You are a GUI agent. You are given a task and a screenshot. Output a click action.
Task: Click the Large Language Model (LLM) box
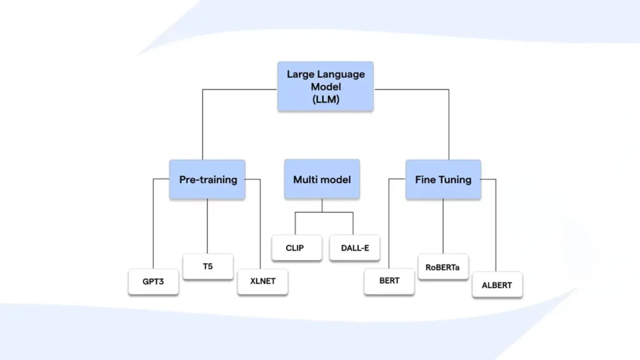tap(325, 86)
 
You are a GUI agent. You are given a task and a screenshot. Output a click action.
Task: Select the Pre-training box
tap(207, 179)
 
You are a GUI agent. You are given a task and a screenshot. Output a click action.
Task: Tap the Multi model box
tap(322, 179)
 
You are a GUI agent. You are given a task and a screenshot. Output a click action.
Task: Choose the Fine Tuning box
tap(443, 179)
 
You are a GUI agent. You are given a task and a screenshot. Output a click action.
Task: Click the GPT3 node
tap(153, 282)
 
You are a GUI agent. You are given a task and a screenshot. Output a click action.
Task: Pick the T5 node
tap(208, 266)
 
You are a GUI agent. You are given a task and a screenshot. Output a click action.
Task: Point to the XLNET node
tap(263, 282)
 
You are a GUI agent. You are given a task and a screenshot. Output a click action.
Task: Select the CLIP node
tap(296, 248)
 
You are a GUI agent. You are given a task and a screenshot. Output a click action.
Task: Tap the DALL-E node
tap(354, 248)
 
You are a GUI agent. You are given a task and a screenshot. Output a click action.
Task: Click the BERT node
tap(389, 282)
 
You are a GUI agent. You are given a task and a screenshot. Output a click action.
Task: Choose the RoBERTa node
tap(443, 266)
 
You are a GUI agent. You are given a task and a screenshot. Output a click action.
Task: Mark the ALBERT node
tap(497, 285)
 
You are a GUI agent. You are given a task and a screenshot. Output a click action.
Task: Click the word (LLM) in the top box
tap(325, 100)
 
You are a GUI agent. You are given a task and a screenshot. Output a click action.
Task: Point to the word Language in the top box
tap(340, 75)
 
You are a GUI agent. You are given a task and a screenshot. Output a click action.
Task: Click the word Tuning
tap(457, 179)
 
